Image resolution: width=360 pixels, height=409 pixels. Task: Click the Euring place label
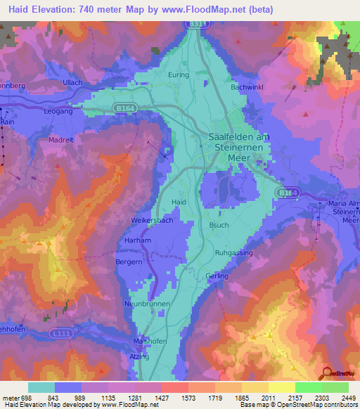(x=179, y=74)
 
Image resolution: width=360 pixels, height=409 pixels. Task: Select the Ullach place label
(x=72, y=83)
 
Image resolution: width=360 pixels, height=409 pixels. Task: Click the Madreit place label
(x=61, y=140)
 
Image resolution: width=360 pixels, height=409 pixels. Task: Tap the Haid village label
(x=179, y=202)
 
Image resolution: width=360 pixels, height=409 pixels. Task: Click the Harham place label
(x=137, y=240)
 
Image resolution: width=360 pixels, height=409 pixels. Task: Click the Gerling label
(x=217, y=276)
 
